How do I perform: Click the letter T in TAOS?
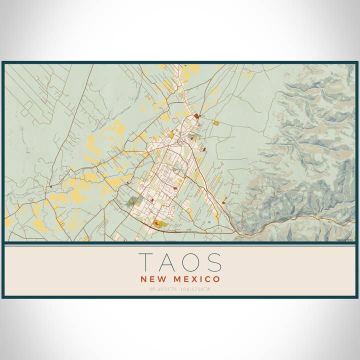146,262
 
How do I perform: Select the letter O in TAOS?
190,262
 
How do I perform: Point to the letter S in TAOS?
213,262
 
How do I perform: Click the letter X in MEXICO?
196,279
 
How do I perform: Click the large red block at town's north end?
196,116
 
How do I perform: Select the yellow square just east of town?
216,122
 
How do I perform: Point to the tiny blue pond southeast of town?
208,222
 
